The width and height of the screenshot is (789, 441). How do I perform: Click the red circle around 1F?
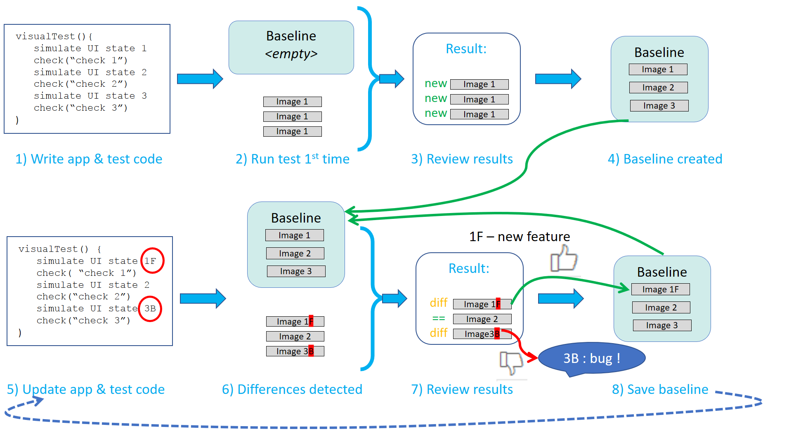pos(152,261)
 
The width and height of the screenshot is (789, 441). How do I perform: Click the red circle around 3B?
pos(149,308)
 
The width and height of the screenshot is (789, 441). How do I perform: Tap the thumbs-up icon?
pos(564,258)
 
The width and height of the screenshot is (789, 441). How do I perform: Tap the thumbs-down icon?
pos(511,362)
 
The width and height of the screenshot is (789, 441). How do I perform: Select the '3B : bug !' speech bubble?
pos(592,358)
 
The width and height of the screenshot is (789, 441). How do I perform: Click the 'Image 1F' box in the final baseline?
pos(660,289)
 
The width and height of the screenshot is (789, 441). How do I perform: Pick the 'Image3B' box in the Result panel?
pos(482,334)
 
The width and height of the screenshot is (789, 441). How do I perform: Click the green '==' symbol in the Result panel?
pos(438,318)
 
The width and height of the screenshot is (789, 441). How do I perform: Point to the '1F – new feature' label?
pos(520,237)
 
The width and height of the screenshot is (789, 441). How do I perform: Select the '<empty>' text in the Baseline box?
pos(291,54)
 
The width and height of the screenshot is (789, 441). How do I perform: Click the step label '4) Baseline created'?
pos(665,159)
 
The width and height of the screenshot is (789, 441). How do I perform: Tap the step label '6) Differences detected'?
pos(292,389)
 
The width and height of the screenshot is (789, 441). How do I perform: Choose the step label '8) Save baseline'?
pos(660,389)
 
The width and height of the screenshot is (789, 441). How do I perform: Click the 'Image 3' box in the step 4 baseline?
pos(659,106)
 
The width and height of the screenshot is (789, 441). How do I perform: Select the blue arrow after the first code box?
pos(200,79)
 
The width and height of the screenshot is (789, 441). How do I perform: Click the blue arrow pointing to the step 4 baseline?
pos(557,78)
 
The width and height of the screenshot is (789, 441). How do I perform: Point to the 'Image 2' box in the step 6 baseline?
pos(295,253)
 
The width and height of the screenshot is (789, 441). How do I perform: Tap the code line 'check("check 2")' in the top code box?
pos(80,84)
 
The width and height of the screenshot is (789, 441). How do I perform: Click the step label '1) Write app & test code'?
pos(89,159)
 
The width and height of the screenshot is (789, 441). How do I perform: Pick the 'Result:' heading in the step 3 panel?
pos(466,49)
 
